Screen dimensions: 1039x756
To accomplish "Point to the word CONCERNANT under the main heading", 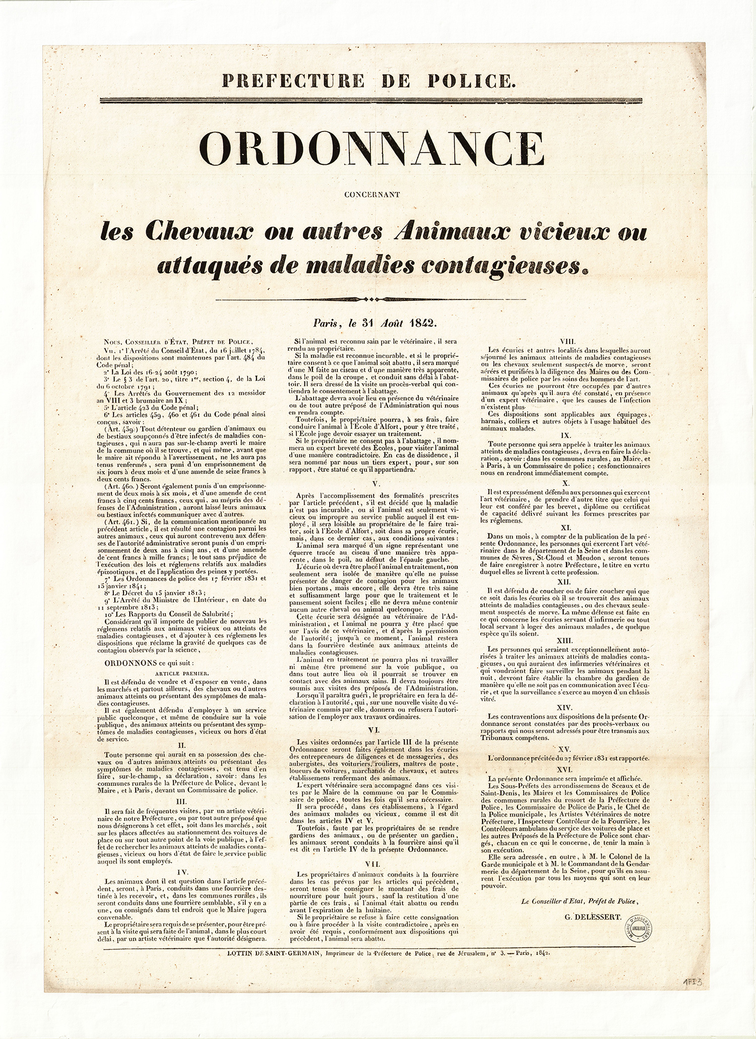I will (x=372, y=195).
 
